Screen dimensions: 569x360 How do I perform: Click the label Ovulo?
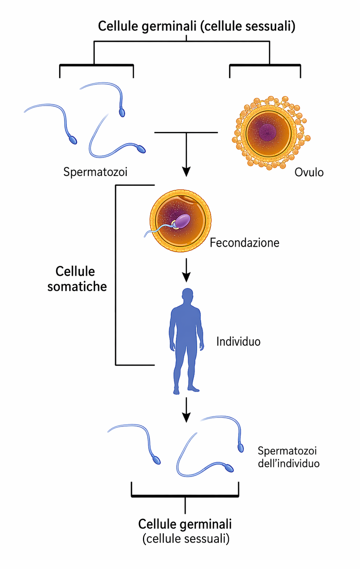pos(309,172)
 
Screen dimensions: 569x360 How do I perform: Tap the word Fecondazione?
pos(244,243)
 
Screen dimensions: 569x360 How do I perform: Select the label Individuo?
pos(238,341)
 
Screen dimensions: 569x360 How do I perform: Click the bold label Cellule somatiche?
pos(77,279)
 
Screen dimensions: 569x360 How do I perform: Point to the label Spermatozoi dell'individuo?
pos(289,457)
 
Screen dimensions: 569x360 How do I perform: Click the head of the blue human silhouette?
pos(187,295)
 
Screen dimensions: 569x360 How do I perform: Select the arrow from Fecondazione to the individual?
pos(186,270)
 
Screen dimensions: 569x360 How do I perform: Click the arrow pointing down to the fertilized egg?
pos(186,155)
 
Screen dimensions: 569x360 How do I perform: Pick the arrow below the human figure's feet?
pos(186,410)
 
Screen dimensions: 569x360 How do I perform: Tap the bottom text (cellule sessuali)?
pos(186,539)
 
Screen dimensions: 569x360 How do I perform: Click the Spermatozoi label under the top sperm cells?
pos(95,172)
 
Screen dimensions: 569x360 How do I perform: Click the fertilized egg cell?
pos(180,220)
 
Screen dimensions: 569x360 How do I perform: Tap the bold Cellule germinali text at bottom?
pos(185,524)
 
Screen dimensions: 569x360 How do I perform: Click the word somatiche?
pos(77,286)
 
